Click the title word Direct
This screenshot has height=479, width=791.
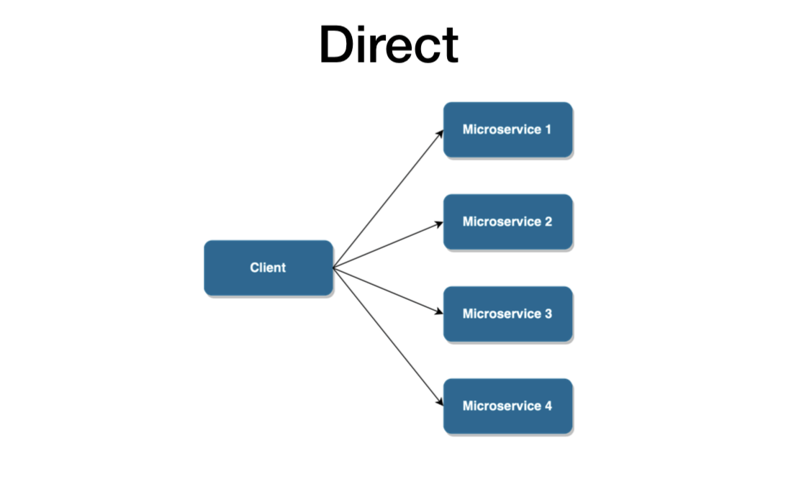pyautogui.click(x=389, y=45)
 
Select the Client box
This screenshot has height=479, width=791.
pyautogui.click(x=268, y=268)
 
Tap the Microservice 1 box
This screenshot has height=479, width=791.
pyautogui.click(x=507, y=129)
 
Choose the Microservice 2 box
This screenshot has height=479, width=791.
pyautogui.click(x=507, y=222)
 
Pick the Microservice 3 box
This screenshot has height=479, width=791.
pyautogui.click(x=507, y=314)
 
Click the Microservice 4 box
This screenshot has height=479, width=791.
pyautogui.click(x=507, y=406)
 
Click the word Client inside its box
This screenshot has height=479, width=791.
pyautogui.click(x=268, y=268)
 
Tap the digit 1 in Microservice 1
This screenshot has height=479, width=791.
pyautogui.click(x=548, y=129)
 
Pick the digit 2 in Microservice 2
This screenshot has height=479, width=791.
pyautogui.click(x=548, y=222)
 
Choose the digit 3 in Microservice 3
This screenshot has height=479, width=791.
pyautogui.click(x=548, y=314)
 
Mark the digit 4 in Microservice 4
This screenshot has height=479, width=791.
pyautogui.click(x=548, y=406)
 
